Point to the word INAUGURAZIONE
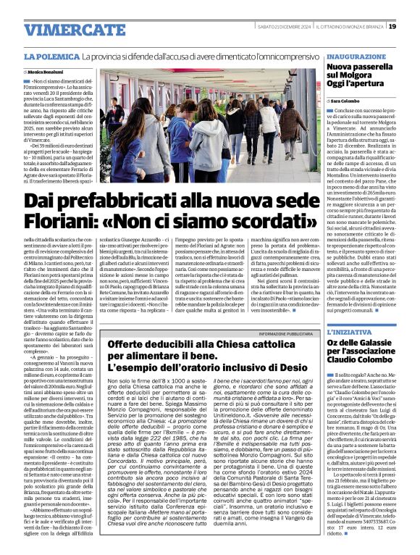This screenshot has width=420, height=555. click(356, 56)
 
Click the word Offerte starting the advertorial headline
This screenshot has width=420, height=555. click(126, 344)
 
